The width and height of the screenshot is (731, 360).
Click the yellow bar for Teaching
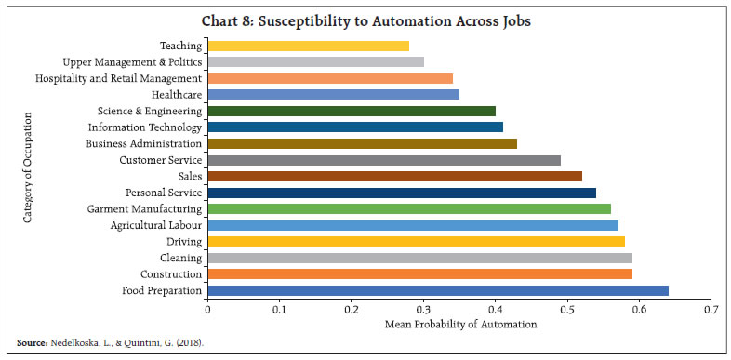[x=308, y=46]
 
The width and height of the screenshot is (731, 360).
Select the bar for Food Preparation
[x=437, y=290]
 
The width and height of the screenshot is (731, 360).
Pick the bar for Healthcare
[x=333, y=94]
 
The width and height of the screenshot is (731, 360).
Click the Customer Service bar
[x=383, y=160]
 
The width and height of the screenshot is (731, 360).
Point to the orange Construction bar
[x=419, y=274]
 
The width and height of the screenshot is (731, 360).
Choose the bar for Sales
[x=394, y=176]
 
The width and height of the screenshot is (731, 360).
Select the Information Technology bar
[x=354, y=127]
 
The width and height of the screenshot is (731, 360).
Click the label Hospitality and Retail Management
[x=118, y=78]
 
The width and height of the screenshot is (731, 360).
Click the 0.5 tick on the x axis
[x=567, y=308]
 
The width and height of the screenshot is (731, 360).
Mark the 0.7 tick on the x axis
[x=711, y=308]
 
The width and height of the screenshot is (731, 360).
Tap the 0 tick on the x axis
[x=207, y=308]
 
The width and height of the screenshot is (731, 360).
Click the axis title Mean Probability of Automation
[x=460, y=325]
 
